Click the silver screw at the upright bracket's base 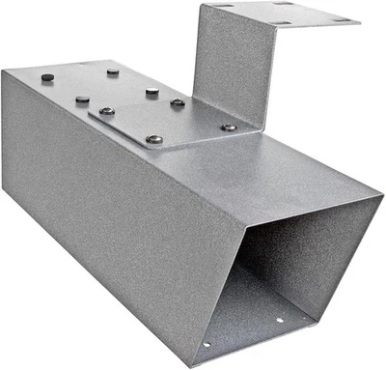pos(228,127)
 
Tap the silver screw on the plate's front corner pos(154,140)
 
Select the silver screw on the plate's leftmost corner pos(106,111)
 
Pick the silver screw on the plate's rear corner pos(178,102)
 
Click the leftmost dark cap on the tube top pos(47,76)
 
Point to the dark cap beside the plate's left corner pos(82,99)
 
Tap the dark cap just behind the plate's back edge pos(152,91)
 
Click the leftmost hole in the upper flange pos(214,9)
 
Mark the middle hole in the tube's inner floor pos(281,320)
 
